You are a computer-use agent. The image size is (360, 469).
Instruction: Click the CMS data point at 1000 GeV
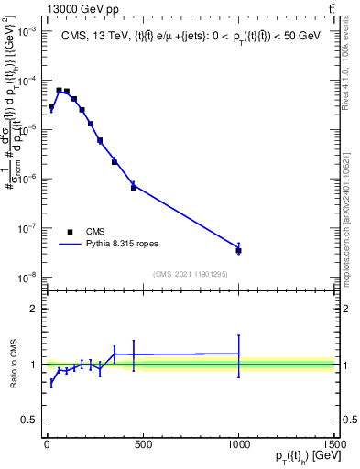(238, 250)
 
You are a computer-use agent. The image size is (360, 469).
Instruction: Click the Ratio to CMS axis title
(13, 365)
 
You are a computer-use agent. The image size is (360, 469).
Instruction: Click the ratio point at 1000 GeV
(238, 354)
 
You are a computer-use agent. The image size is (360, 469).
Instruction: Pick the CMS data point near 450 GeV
(134, 187)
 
